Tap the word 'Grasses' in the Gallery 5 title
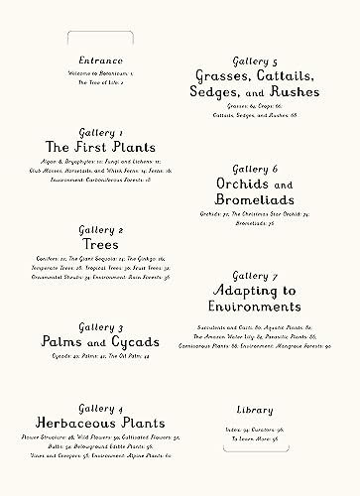[x=219, y=75]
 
